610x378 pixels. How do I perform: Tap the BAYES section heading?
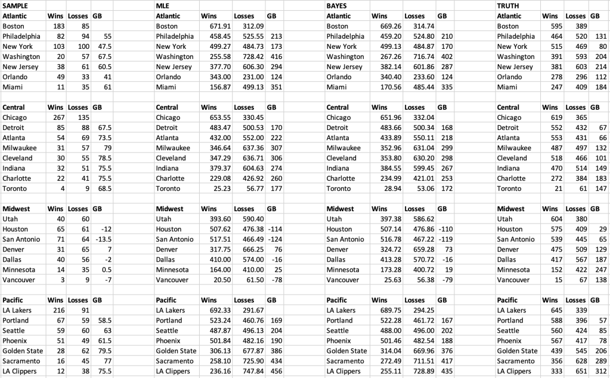click(x=337, y=5)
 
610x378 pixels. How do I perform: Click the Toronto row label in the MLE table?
click(x=169, y=188)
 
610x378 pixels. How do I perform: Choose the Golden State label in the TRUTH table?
click(x=517, y=351)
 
